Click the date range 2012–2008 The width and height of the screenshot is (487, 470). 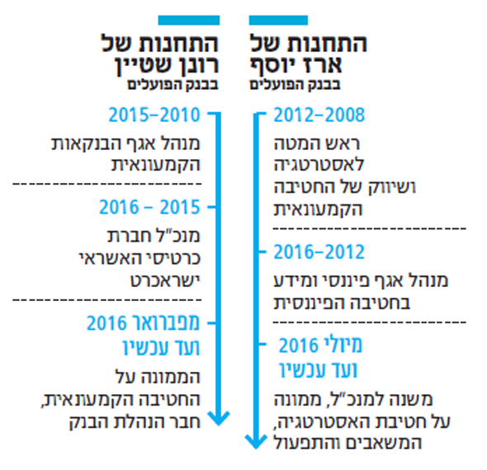click(x=319, y=115)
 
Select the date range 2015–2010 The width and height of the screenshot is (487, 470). click(x=154, y=115)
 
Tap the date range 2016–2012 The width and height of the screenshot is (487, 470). click(x=319, y=251)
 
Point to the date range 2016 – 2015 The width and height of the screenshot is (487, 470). click(x=149, y=207)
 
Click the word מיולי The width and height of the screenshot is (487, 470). click(x=343, y=345)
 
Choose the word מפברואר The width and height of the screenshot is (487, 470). click(x=166, y=322)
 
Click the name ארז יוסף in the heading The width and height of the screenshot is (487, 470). click(x=296, y=65)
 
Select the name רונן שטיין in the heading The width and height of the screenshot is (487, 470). click(x=167, y=65)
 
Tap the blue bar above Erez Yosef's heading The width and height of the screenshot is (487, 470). click(x=278, y=20)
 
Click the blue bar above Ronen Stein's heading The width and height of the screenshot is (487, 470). click(x=189, y=20)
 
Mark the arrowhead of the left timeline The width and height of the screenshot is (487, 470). click(x=219, y=418)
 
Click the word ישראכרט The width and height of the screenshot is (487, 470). click(x=165, y=280)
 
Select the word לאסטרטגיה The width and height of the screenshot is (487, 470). click(x=319, y=164)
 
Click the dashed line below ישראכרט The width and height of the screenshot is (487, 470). click(x=107, y=300)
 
